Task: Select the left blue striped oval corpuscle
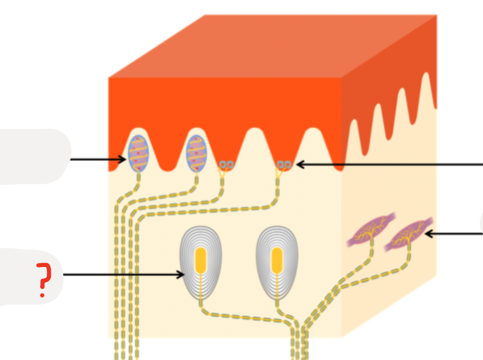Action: pyautogui.click(x=138, y=152)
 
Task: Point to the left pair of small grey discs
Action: pyautogui.click(x=226, y=164)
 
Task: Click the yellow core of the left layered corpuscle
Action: pyautogui.click(x=201, y=260)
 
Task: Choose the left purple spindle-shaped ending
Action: pyautogui.click(x=369, y=233)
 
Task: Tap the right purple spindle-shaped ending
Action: pyautogui.click(x=408, y=233)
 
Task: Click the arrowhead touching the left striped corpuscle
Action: pyautogui.click(x=123, y=159)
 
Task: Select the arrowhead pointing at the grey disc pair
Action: pyautogui.click(x=298, y=164)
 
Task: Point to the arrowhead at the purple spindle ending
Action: pyautogui.click(x=428, y=233)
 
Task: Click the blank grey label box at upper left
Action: pyautogui.click(x=33, y=156)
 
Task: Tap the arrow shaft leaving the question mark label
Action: pyautogui.click(x=119, y=275)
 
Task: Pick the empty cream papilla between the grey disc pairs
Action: pyautogui.click(x=255, y=148)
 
